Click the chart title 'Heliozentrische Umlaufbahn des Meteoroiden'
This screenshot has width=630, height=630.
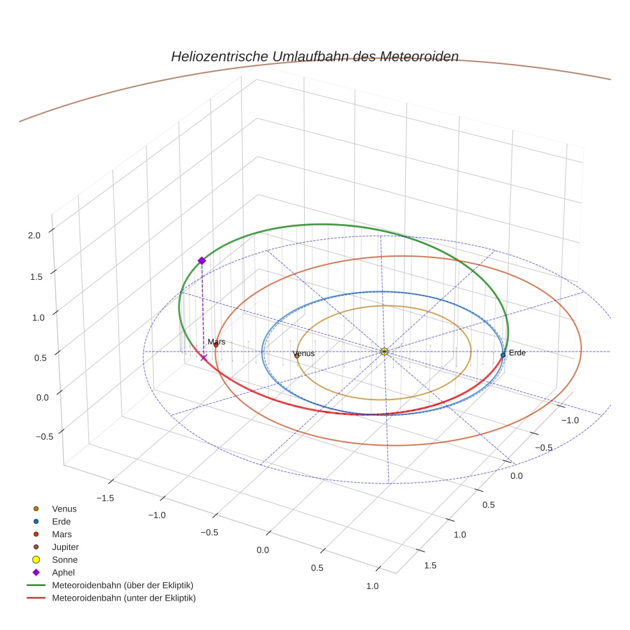click(x=314, y=56)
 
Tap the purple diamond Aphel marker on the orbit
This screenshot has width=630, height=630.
click(x=202, y=261)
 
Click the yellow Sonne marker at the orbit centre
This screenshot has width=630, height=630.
click(x=384, y=351)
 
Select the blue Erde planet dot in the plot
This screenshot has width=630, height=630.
click(x=503, y=355)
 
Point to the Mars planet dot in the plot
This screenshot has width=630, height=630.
click(x=216, y=346)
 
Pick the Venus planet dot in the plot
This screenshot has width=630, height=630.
click(x=296, y=356)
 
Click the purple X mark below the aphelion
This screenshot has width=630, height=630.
click(x=204, y=357)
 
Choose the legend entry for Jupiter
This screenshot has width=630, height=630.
click(x=65, y=547)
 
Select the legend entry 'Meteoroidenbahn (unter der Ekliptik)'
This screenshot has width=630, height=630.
click(x=124, y=598)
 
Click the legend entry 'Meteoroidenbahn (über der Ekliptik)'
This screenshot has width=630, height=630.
click(x=122, y=585)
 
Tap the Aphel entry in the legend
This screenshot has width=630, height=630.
click(x=63, y=572)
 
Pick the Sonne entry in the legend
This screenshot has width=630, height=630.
click(x=65, y=560)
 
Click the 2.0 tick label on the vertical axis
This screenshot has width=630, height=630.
click(x=34, y=235)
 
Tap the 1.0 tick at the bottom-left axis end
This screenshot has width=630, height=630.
click(x=372, y=586)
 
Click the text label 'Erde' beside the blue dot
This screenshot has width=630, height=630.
click(x=517, y=353)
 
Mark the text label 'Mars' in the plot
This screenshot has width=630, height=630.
click(x=216, y=342)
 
